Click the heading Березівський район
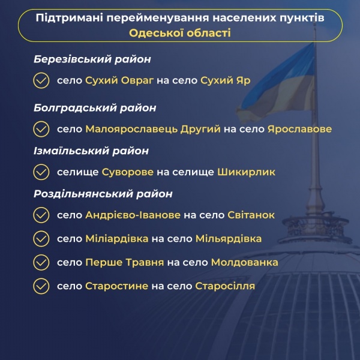point(92,60)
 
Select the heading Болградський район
point(95,108)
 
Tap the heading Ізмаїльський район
point(91,151)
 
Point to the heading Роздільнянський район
point(103,194)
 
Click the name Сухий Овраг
point(119,80)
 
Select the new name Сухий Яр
point(225,80)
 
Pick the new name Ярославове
point(299,129)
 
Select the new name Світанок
point(251,215)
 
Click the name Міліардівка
point(117,239)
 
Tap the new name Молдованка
point(244,262)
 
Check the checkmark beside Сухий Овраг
point(41,80)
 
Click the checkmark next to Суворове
point(41,172)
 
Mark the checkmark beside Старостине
point(41,286)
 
